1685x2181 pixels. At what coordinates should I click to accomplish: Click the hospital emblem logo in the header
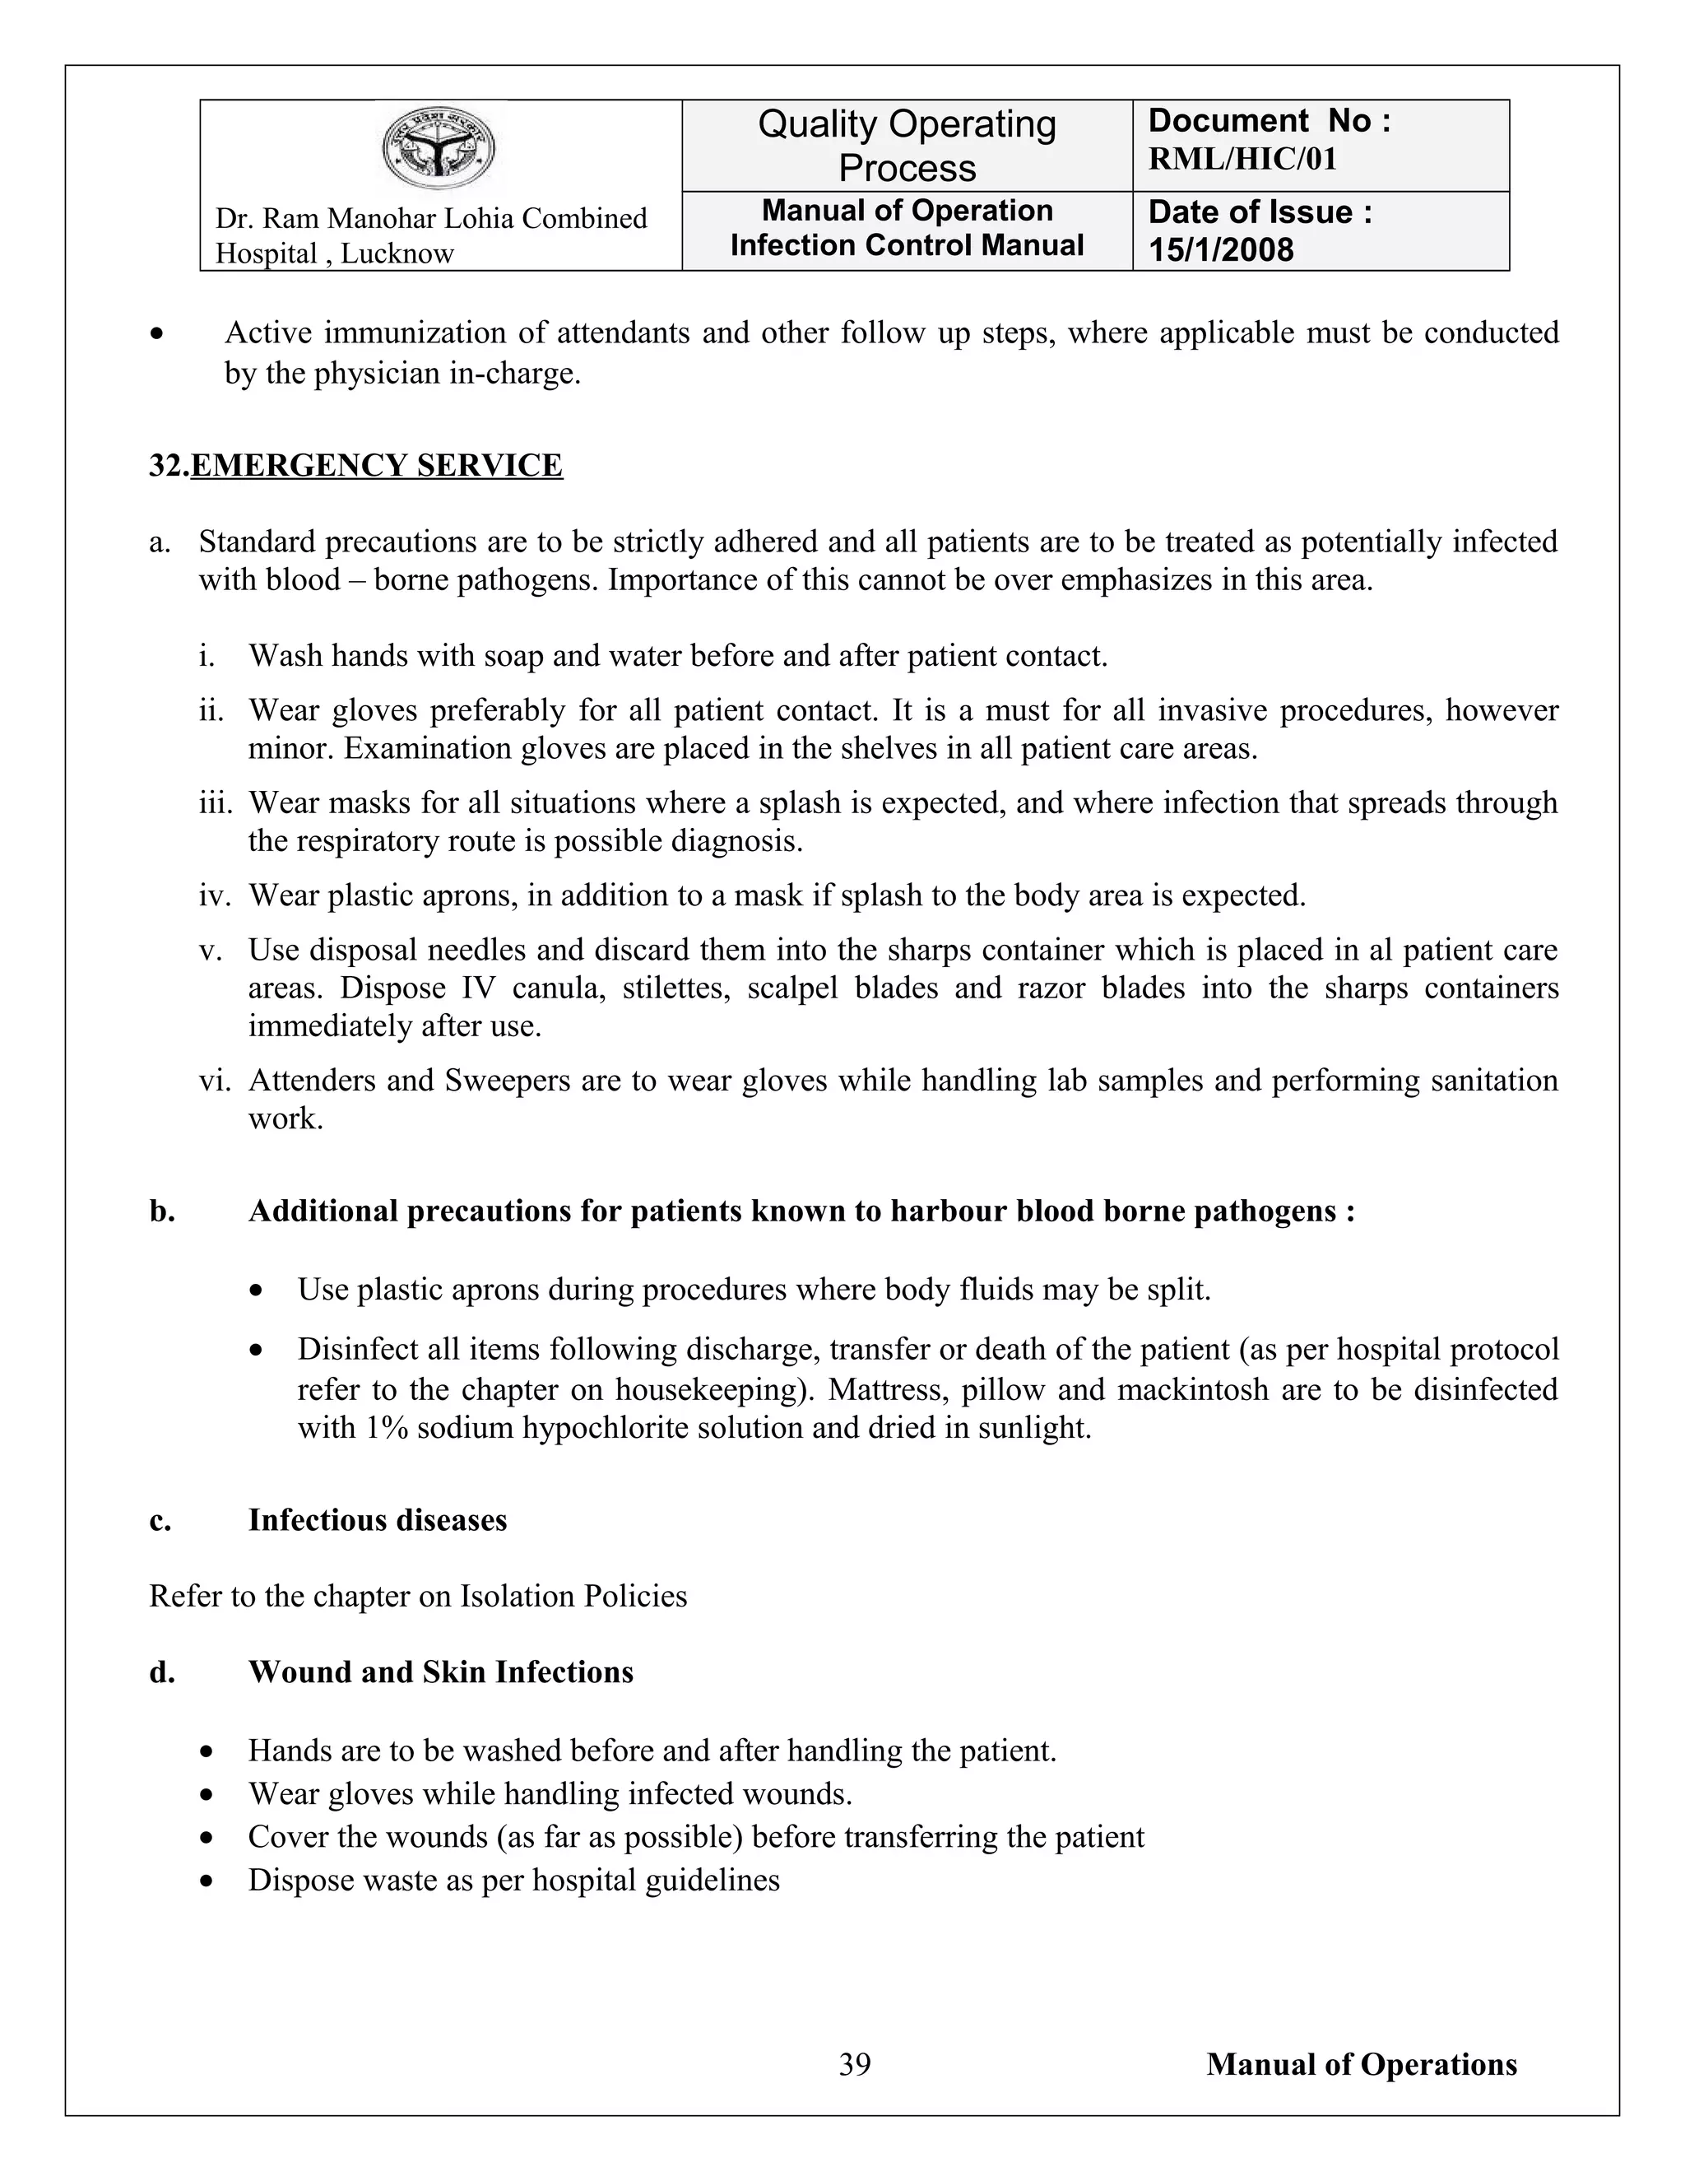tap(439, 150)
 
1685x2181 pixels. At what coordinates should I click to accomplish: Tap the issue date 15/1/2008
tap(1220, 249)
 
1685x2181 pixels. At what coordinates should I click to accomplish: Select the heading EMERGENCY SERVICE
tap(376, 465)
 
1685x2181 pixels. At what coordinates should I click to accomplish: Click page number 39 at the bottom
tap(855, 2064)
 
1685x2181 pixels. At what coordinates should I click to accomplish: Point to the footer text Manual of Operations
tap(1361, 2064)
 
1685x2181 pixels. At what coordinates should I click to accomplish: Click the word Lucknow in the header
tap(397, 253)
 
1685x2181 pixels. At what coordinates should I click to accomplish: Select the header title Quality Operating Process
tap(907, 146)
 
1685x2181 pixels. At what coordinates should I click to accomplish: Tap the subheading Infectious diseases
tap(378, 1520)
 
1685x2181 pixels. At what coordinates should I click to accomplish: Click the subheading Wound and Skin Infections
tap(440, 1672)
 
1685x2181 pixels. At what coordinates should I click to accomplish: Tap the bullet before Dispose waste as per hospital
tap(207, 1881)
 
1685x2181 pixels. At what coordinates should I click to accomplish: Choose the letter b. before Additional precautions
tap(162, 1211)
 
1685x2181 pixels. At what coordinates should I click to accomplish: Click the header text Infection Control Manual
tap(907, 245)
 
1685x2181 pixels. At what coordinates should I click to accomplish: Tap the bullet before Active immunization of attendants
tap(156, 333)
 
